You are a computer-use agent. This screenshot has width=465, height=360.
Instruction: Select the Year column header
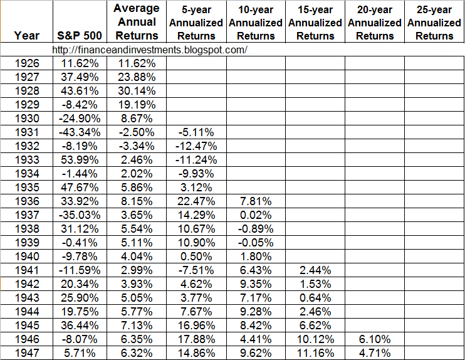click(26, 36)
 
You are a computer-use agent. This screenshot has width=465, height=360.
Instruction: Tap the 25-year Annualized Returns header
click(434, 23)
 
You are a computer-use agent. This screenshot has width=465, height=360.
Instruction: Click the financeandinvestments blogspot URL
click(150, 50)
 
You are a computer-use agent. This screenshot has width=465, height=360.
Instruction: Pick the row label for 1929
click(26, 104)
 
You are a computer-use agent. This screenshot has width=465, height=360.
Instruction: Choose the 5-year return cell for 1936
click(196, 201)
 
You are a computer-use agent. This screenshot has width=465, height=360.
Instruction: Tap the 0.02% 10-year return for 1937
click(256, 214)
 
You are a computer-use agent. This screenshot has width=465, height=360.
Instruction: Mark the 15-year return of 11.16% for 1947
click(315, 352)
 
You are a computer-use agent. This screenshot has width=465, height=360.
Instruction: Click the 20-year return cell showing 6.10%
click(375, 339)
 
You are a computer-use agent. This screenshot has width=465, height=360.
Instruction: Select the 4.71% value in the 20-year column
click(375, 352)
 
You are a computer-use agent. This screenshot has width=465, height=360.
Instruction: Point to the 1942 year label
click(26, 283)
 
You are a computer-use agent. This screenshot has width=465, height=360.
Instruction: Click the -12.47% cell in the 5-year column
click(196, 146)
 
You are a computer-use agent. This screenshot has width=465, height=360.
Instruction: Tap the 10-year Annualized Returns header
click(256, 23)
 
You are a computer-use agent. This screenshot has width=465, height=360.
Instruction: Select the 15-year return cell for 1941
click(315, 270)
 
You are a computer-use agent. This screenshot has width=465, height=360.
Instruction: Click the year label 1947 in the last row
click(26, 352)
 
